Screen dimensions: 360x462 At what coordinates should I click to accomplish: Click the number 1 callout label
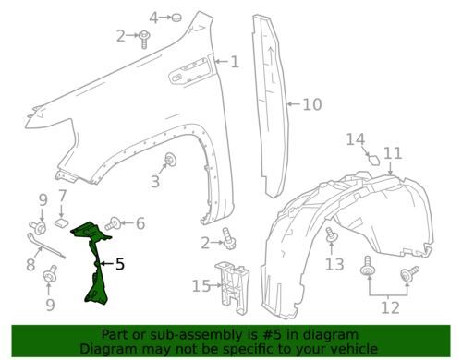click(235, 63)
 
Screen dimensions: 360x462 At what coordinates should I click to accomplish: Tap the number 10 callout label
click(312, 104)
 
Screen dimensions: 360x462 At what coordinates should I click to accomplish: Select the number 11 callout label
click(393, 153)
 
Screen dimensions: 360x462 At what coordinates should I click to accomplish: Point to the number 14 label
click(356, 139)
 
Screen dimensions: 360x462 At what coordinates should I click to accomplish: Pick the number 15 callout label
click(201, 286)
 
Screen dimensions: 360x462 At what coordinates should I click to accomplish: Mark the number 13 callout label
click(334, 265)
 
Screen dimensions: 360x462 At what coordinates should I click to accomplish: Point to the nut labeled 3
click(171, 162)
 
